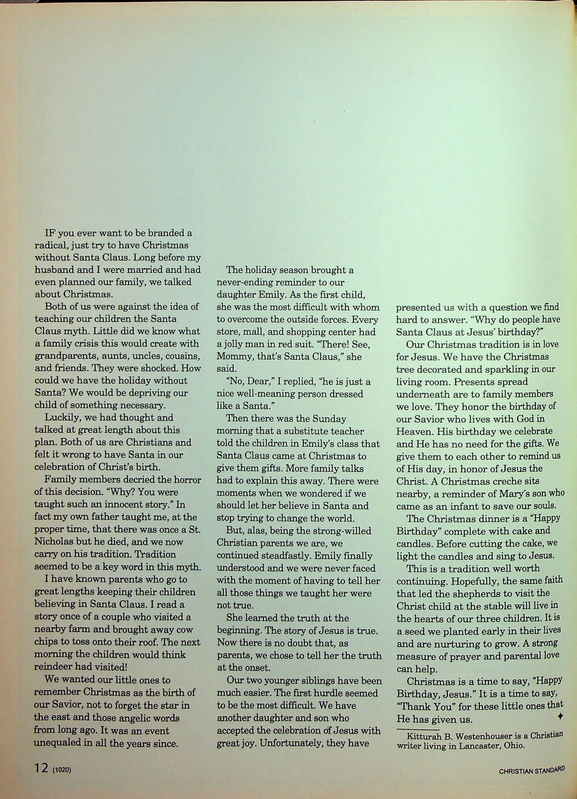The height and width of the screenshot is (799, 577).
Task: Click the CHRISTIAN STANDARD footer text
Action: (532, 770)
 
